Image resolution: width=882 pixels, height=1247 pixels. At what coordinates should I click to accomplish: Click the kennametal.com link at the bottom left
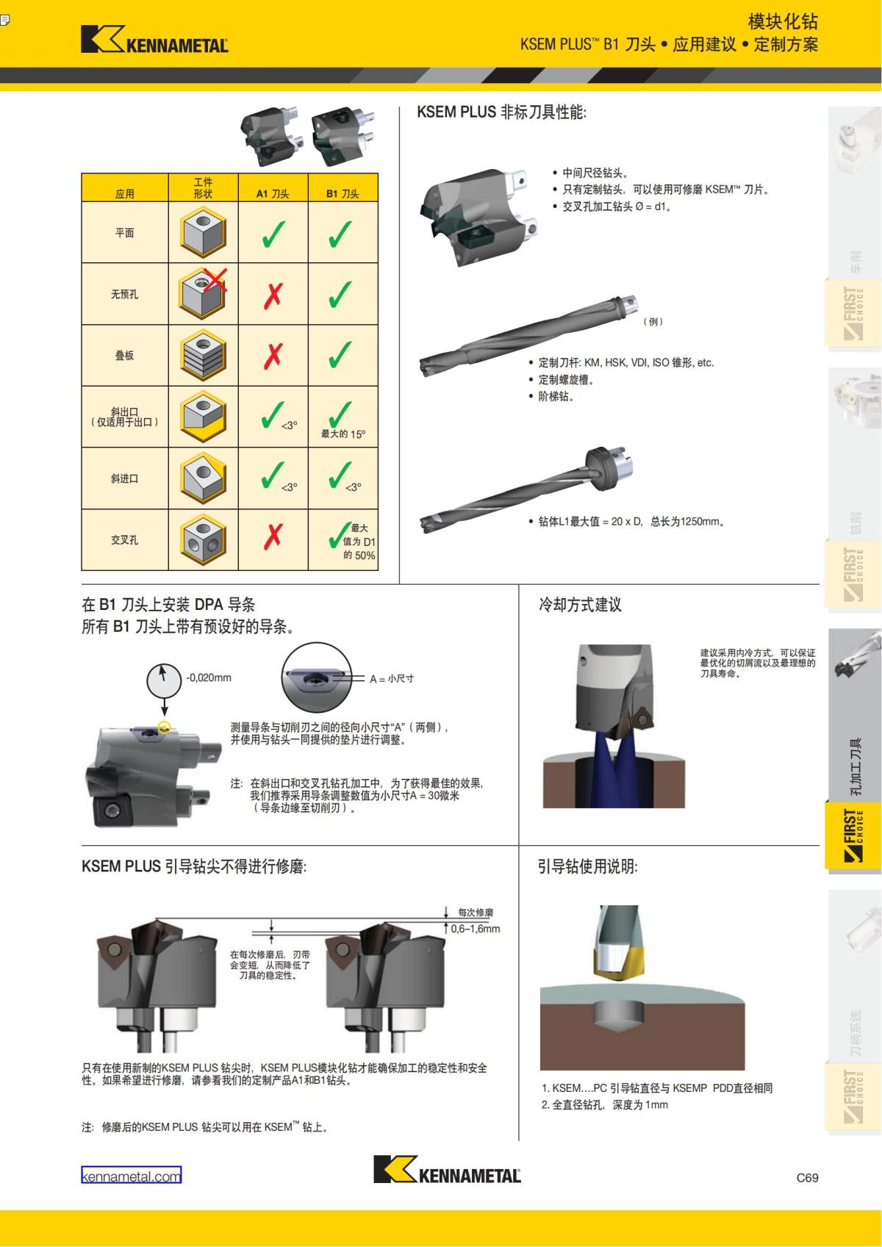coord(131,1176)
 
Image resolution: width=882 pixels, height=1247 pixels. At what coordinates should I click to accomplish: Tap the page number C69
coord(807,1177)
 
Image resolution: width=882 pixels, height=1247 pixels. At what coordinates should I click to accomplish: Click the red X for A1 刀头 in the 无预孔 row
coord(273,295)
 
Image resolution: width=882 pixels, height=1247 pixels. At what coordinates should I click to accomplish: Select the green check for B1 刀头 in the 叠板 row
coord(340,356)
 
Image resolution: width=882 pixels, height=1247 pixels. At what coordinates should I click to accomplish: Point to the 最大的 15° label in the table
coord(343,434)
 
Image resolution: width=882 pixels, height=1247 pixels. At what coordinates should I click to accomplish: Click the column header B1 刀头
coord(343,194)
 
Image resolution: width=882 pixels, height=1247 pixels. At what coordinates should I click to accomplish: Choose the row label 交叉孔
coord(124,540)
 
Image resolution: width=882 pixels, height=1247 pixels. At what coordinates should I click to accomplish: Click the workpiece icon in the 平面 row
coord(203,232)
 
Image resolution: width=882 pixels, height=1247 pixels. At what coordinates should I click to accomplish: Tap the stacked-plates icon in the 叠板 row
coord(203,356)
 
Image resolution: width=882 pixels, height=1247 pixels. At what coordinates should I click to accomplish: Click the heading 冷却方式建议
coord(580,605)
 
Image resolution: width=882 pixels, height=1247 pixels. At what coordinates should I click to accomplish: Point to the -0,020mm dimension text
coord(209,678)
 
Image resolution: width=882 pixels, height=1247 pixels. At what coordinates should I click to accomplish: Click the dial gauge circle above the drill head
coord(165,680)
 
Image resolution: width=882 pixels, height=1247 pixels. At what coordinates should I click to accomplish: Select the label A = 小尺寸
coord(392,679)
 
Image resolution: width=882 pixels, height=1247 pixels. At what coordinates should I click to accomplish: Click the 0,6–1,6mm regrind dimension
coord(476,929)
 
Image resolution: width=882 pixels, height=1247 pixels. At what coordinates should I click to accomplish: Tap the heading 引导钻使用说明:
coord(588,867)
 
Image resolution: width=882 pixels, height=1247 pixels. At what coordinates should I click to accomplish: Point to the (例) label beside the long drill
coord(653,321)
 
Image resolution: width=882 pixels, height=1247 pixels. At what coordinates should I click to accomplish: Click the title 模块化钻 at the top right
coord(782,21)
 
